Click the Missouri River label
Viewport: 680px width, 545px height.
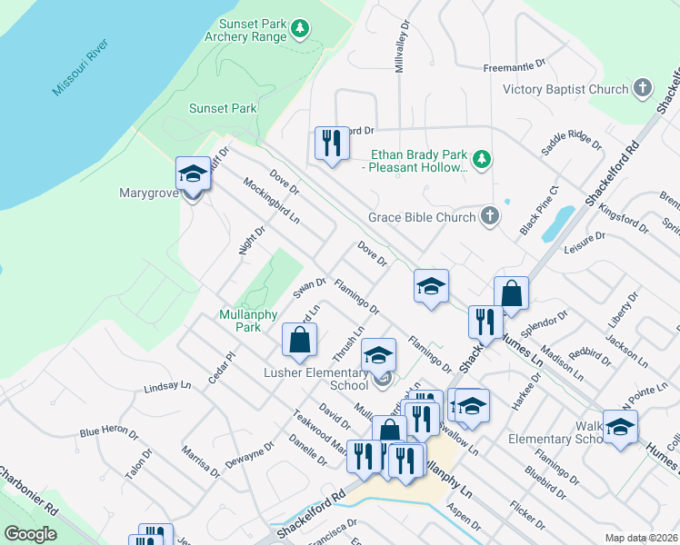click(x=80, y=68)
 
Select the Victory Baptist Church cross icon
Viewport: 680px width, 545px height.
click(x=643, y=89)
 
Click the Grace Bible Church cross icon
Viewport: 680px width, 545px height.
click(x=490, y=216)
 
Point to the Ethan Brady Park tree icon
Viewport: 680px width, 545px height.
click(x=484, y=160)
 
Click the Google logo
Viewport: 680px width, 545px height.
click(x=30, y=533)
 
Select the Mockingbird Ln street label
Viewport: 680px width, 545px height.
click(x=271, y=201)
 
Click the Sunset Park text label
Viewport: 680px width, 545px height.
click(x=223, y=108)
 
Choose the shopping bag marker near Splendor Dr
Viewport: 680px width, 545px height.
click(x=512, y=294)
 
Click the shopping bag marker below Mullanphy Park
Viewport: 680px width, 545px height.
click(x=299, y=342)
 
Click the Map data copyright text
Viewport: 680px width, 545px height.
click(x=641, y=538)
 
